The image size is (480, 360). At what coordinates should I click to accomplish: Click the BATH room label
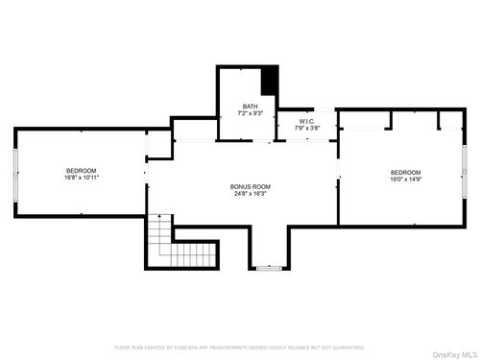[x=250, y=106]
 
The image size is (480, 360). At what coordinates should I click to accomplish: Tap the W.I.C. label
[x=307, y=121]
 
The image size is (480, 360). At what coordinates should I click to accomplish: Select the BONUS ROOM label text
[x=250, y=186]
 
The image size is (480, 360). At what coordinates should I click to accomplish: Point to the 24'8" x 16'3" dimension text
[x=250, y=194]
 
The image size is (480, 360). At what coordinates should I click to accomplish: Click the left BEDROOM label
[x=81, y=170]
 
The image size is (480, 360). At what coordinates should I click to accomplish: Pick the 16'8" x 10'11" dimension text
[x=81, y=178]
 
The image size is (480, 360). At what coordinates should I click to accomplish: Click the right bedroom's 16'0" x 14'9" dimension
[x=406, y=179]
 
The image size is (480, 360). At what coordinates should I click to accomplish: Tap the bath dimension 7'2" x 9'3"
[x=250, y=113]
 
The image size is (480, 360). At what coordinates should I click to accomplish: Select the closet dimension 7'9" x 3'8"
[x=307, y=128]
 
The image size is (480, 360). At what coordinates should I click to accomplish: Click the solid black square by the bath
[x=270, y=81]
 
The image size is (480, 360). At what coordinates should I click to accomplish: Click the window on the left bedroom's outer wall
[x=14, y=174]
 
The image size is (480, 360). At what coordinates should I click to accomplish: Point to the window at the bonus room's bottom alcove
[x=270, y=268]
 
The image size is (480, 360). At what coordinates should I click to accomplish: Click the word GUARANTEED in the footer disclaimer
[x=348, y=347]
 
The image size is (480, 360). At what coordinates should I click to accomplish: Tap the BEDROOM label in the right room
[x=406, y=171]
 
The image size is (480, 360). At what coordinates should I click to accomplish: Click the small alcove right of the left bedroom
[x=158, y=145]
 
